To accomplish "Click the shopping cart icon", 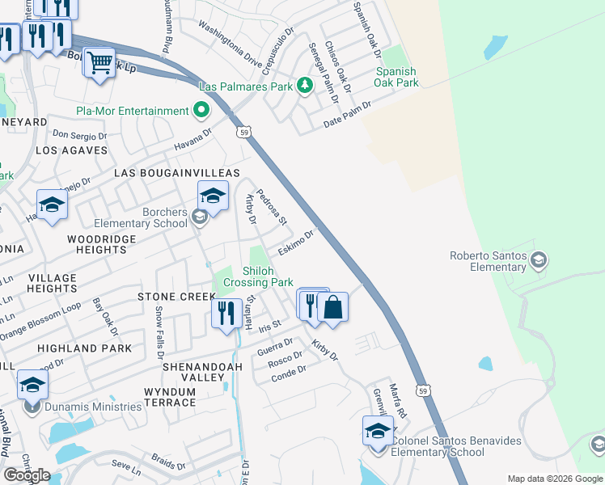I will click(99, 61).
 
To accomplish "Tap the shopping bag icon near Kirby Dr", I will click(332, 307).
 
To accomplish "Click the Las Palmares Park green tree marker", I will click(305, 85).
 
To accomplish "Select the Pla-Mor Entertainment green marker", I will click(201, 111).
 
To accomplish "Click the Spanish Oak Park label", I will click(396, 77).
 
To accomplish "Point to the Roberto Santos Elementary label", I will click(488, 261).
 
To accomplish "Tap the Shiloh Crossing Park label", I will click(258, 277).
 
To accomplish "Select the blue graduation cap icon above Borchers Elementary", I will click(213, 196).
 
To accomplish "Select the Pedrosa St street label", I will click(272, 207).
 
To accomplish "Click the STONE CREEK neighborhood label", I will click(165, 297).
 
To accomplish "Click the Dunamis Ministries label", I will click(93, 407).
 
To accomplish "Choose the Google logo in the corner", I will click(27, 475).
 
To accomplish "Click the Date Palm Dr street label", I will click(346, 115).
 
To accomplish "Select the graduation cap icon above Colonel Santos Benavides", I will click(378, 431).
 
